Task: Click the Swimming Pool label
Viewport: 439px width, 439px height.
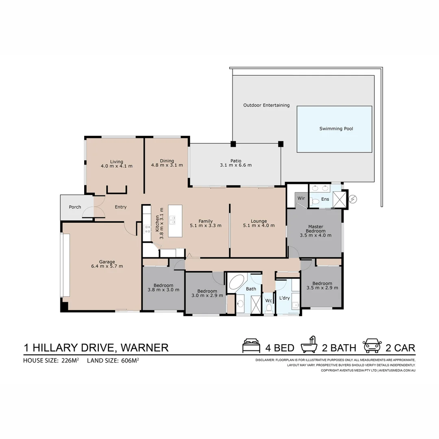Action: (x=336, y=129)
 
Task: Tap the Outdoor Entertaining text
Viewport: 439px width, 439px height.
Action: (x=266, y=105)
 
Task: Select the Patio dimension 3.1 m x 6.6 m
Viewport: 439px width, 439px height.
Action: (x=236, y=165)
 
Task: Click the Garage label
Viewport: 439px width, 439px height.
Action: (x=107, y=262)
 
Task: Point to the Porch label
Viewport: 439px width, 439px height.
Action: (x=75, y=207)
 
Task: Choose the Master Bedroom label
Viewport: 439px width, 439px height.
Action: (x=315, y=229)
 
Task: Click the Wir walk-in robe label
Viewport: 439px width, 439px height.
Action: (x=301, y=198)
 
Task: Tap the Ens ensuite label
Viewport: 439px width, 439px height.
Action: (x=325, y=199)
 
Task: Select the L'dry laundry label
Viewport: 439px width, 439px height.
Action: (x=284, y=298)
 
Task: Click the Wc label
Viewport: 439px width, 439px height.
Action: (x=268, y=301)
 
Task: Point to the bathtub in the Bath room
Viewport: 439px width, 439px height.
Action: (x=237, y=282)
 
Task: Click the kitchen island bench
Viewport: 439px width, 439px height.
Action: (x=175, y=221)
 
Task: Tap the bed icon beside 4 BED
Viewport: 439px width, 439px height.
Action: (x=251, y=346)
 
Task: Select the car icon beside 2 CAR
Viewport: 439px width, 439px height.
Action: (x=372, y=346)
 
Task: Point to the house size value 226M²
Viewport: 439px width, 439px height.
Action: (x=70, y=360)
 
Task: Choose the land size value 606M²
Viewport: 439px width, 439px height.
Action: (x=130, y=360)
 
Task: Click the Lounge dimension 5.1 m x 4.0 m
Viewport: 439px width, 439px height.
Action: (x=259, y=226)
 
